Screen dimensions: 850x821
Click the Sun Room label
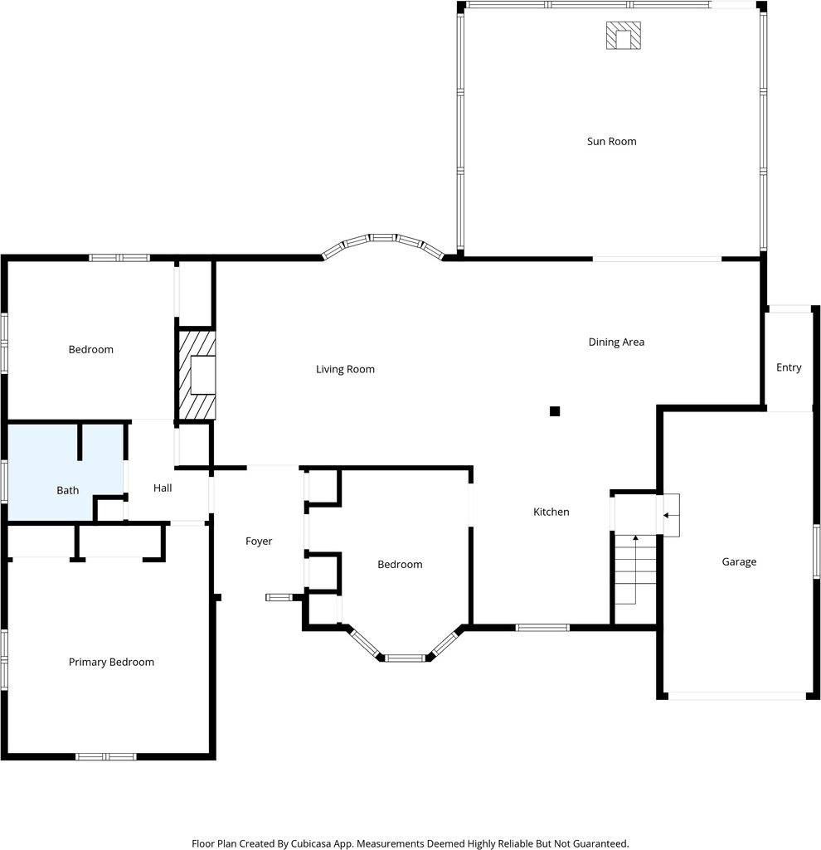[611, 141]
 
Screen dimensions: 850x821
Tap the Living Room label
[345, 369]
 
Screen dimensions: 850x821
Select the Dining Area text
[616, 342]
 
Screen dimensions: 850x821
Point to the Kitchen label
[551, 512]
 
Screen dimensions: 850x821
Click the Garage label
[738, 561]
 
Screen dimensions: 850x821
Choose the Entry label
[789, 367]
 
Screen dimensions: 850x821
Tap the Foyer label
[259, 542]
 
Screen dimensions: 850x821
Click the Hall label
[163, 488]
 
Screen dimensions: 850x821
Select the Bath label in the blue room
[68, 490]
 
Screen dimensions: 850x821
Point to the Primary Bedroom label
[111, 662]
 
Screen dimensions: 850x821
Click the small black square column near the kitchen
[555, 410]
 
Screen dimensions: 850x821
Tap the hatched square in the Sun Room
[623, 36]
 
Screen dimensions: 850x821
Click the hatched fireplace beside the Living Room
[196, 375]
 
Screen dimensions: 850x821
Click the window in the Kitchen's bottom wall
[542, 627]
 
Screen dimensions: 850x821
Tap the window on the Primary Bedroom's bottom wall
[105, 756]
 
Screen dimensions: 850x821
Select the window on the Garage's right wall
[816, 551]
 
